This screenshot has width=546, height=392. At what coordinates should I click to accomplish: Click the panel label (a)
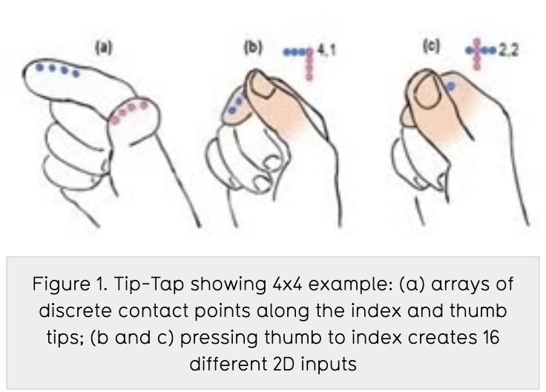tap(104, 48)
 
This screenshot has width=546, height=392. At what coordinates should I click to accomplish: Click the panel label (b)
tap(253, 48)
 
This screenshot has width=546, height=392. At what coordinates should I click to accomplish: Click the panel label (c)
tap(432, 46)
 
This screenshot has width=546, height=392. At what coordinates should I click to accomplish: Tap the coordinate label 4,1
tap(326, 51)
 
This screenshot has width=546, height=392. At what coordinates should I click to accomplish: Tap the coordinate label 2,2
tap(508, 50)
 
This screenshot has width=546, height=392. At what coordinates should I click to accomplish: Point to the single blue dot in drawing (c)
tap(450, 86)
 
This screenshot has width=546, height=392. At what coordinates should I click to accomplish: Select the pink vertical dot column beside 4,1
tap(309, 65)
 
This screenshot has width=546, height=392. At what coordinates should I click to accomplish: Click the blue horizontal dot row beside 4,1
tap(297, 52)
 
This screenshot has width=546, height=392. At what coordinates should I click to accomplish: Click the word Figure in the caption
tap(62, 284)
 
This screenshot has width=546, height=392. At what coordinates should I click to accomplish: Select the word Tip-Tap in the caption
tap(149, 284)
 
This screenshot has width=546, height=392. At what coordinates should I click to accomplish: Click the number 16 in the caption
tap(491, 337)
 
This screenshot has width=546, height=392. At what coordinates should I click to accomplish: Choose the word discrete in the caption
tap(75, 310)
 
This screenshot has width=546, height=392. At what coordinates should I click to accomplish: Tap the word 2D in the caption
tap(284, 364)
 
